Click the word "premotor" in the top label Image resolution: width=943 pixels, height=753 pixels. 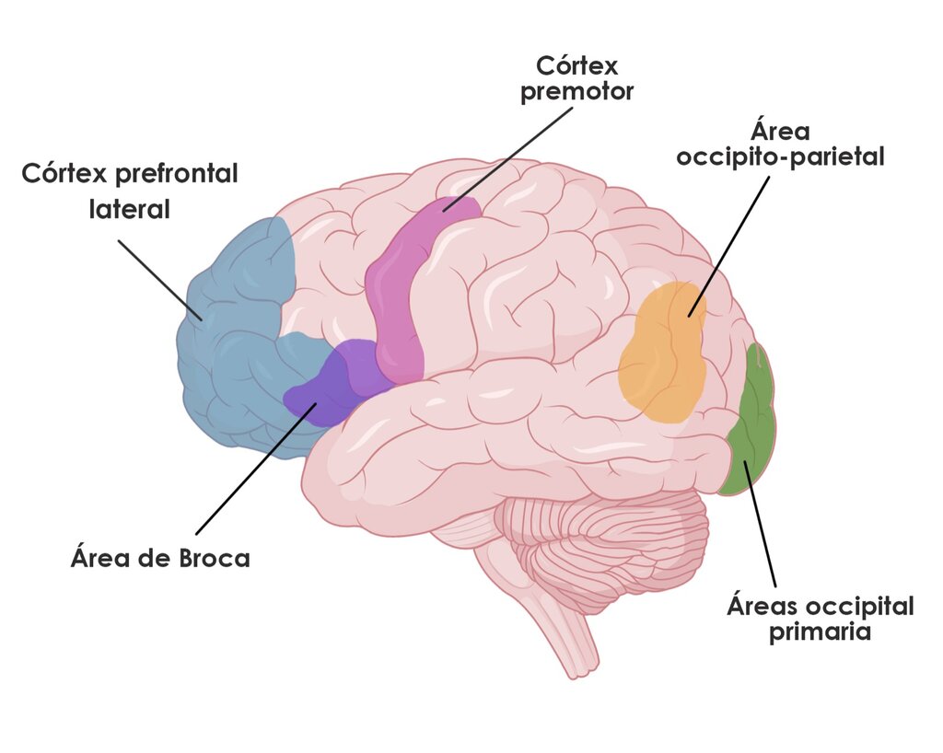(576, 92)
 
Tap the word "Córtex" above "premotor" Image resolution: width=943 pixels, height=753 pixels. (576, 65)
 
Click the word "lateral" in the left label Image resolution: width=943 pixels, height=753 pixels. (129, 209)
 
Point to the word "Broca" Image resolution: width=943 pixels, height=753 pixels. (214, 558)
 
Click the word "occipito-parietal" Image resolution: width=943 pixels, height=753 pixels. (780, 157)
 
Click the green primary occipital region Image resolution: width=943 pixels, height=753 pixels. (750, 421)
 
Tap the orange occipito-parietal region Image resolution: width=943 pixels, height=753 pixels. (663, 352)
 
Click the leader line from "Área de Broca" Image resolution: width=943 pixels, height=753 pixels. (257, 469)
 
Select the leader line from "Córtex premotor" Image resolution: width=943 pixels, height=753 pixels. (508, 159)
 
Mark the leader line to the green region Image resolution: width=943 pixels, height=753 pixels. (759, 524)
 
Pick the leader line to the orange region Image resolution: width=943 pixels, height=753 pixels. (729, 247)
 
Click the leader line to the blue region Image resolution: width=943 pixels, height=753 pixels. (160, 280)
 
